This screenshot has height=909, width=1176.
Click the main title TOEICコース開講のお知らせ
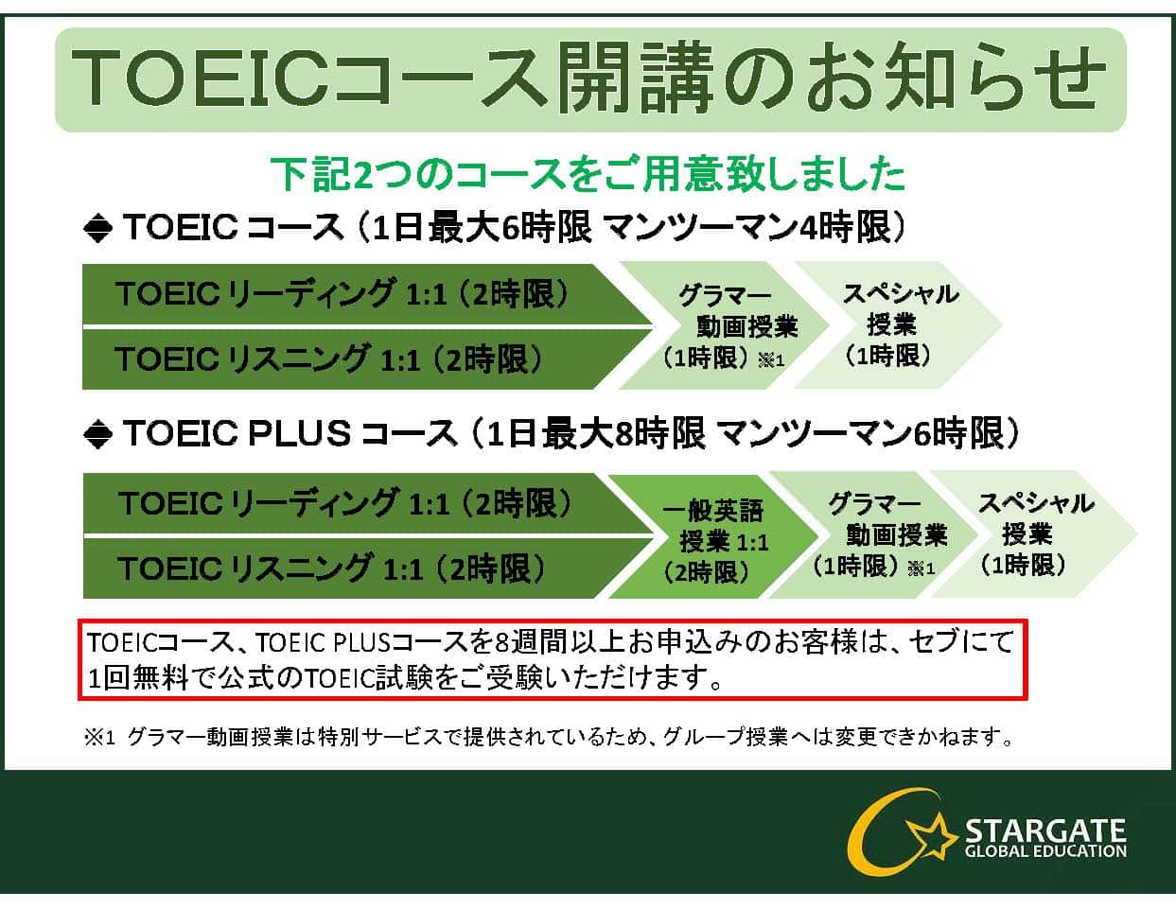click(588, 79)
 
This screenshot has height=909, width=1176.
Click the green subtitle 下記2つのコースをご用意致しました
click(588, 174)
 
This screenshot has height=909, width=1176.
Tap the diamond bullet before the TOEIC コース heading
click(98, 229)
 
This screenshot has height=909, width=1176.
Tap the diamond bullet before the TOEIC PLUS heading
click(98, 435)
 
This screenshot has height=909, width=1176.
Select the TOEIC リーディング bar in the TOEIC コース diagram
click(368, 294)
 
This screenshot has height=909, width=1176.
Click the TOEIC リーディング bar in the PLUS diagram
click(368, 503)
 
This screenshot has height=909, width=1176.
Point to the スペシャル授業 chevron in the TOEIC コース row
click(899, 324)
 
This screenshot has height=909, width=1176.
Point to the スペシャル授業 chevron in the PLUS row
click(1034, 534)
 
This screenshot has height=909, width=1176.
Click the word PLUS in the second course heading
click(299, 434)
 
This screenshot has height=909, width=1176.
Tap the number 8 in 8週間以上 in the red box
click(501, 643)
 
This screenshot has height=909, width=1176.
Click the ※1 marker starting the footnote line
click(99, 738)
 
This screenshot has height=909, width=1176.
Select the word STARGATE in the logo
click(1045, 831)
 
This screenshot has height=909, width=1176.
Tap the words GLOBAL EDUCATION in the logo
click(1045, 851)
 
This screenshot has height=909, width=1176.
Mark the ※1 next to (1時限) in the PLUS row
click(921, 569)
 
